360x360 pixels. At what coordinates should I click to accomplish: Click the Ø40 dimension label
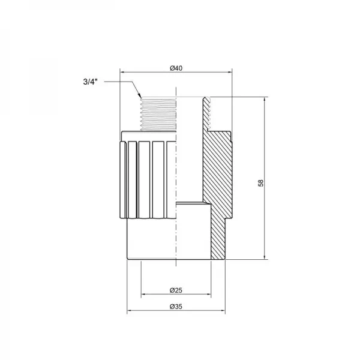176,68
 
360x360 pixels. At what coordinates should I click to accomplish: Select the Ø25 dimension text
176,290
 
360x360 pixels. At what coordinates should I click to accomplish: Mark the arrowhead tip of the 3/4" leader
140,98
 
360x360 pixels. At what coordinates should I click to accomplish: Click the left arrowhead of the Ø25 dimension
143,295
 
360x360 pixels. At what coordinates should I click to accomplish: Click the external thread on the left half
157,114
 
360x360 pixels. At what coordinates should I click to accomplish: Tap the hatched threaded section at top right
207,114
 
